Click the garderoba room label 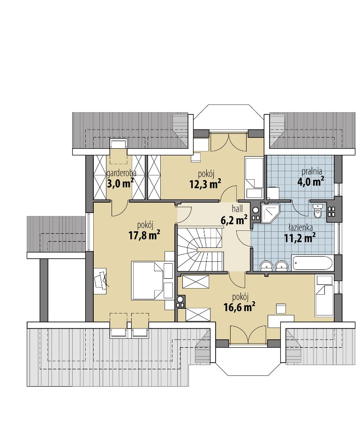point(121,173)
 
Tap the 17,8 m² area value point(144,236)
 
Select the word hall point(237,208)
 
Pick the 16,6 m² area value point(239,306)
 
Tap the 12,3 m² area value point(205,183)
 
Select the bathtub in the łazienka point(312,263)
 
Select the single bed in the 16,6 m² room point(324,296)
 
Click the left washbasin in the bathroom point(267,265)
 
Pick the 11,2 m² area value point(300,238)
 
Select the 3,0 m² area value point(120,183)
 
